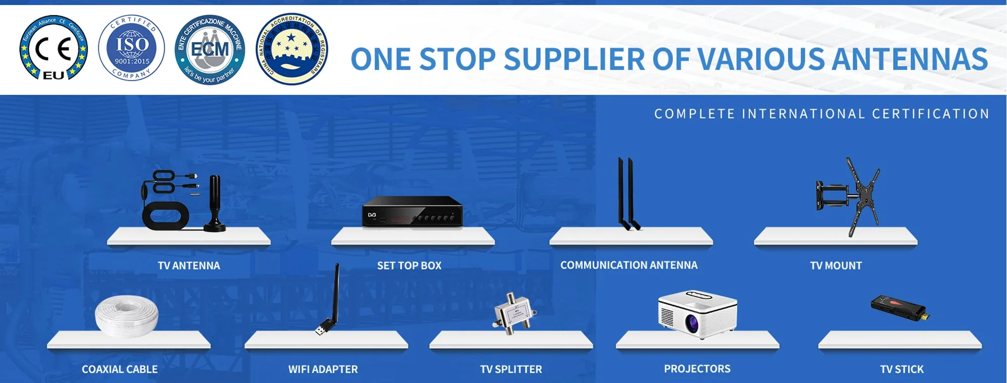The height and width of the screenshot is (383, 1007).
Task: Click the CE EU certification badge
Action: [x=54, y=48]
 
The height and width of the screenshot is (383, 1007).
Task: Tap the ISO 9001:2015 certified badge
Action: [x=131, y=48]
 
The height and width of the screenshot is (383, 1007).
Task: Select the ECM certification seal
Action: [x=210, y=49]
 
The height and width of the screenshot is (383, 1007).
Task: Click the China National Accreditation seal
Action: [x=292, y=49]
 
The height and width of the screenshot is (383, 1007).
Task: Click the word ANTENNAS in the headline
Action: [x=909, y=59]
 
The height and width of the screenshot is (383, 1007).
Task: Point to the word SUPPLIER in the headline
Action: [x=574, y=59]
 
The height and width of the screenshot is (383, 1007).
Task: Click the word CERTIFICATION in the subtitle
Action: [x=930, y=114]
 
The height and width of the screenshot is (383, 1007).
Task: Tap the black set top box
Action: [x=412, y=212]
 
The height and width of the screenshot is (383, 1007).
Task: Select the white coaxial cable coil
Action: [x=127, y=315]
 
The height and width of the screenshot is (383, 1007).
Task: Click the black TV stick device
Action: [x=900, y=308]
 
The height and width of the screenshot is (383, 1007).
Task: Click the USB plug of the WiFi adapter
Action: [x=320, y=330]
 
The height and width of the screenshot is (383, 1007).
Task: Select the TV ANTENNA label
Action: [x=189, y=266]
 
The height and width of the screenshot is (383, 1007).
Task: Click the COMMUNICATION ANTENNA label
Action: [x=629, y=265]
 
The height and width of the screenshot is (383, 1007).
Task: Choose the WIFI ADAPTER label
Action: [x=323, y=369]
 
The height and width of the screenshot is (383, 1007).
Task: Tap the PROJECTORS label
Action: [x=697, y=369]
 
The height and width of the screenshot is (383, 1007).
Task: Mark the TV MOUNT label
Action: [x=836, y=266]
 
